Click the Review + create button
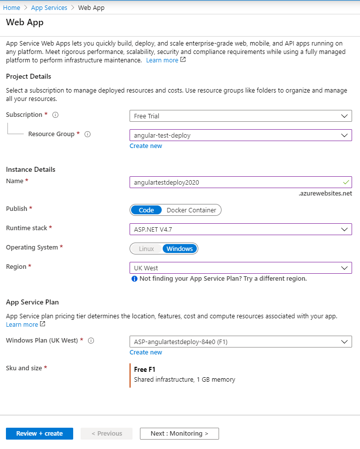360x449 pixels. [x=40, y=434]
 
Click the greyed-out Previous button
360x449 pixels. [x=107, y=434]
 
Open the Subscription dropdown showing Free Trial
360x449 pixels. [x=240, y=116]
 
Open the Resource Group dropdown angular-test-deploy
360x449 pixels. [x=240, y=135]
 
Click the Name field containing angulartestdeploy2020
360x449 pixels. [x=240, y=182]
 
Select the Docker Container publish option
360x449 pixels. [x=191, y=210]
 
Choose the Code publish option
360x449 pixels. [x=146, y=210]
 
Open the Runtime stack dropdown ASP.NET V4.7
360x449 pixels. [x=240, y=229]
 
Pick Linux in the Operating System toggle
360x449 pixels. [x=146, y=249]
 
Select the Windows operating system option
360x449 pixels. [x=180, y=249]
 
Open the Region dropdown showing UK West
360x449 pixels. [x=240, y=268]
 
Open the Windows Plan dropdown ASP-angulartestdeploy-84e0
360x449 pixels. [x=240, y=342]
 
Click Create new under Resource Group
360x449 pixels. [x=146, y=146]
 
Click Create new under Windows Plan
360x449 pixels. [x=146, y=352]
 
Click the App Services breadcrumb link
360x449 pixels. [x=49, y=7]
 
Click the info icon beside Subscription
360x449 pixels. [x=55, y=115]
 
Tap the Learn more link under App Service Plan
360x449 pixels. [x=22, y=325]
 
